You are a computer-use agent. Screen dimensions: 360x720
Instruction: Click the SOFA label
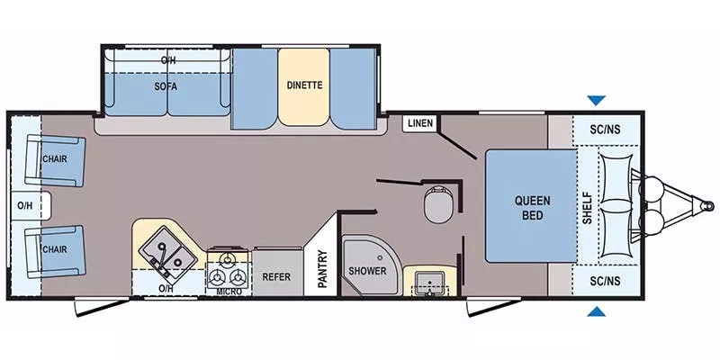pos(165,86)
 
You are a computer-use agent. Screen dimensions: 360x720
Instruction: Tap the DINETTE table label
pos(304,86)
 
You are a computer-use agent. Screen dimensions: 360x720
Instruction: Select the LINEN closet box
pos(418,123)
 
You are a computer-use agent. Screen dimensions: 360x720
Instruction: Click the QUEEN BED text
pos(532,208)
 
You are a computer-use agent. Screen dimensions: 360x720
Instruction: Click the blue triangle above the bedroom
pos(596,101)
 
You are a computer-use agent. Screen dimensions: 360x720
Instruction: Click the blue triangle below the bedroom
pos(596,312)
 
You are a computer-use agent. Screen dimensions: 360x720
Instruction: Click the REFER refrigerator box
pos(276,276)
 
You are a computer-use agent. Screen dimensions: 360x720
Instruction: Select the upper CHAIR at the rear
pos(57,159)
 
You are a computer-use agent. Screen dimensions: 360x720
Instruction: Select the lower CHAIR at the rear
pos(57,249)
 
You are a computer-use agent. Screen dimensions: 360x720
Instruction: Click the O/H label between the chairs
pos(24,205)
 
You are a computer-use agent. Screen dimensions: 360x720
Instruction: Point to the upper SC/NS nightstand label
pos(606,128)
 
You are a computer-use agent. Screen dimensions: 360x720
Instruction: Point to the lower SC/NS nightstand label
pos(606,282)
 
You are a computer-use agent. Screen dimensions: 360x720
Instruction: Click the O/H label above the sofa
pos(168,59)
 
